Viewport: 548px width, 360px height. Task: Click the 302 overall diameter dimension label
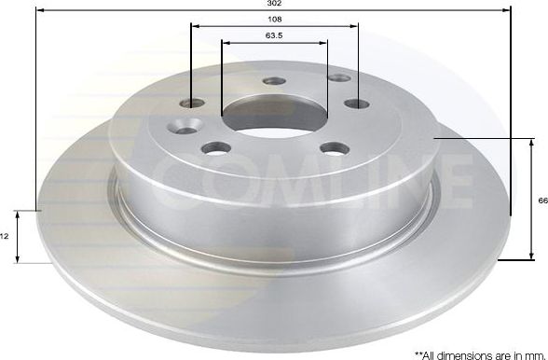tap(275, 5)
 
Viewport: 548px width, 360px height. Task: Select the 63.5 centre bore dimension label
tap(275, 35)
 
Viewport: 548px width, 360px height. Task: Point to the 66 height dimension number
tap(541, 200)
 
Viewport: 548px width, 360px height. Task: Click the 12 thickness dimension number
tap(6, 237)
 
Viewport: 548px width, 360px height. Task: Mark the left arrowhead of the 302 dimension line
tap(39, 9)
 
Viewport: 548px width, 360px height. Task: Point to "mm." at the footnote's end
tap(532, 353)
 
